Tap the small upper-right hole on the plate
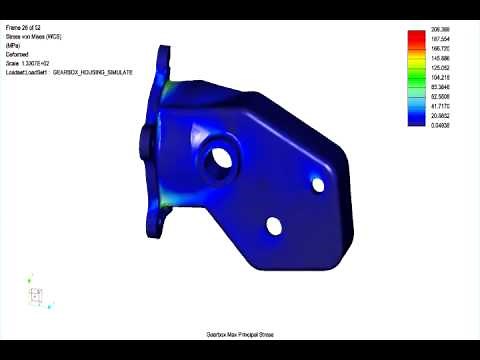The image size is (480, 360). (318, 184)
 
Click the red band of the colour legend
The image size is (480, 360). (418, 37)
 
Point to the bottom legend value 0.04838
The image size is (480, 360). (442, 125)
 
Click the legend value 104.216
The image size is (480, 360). (442, 78)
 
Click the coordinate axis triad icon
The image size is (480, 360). (36, 295)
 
